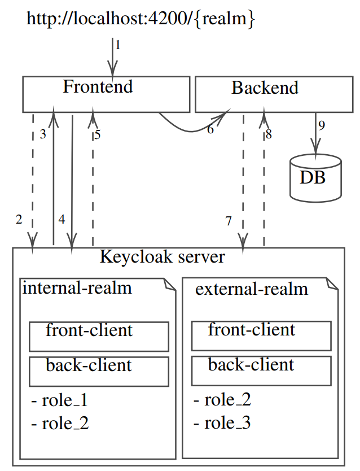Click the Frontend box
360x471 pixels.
coord(106,94)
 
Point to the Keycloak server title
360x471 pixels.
coord(162,257)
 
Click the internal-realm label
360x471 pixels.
coord(77,288)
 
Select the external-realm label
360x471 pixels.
coord(252,290)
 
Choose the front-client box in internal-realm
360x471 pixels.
coord(99,336)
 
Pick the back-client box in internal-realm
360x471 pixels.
coord(99,371)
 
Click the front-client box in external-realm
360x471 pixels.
coord(261,336)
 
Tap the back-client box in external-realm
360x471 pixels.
coord(261,371)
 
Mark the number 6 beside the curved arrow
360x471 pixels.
coord(210,130)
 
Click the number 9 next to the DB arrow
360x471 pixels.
coord(322,126)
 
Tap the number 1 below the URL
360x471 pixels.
coord(118,44)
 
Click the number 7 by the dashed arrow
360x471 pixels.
coord(229,221)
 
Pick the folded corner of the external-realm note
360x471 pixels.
coord(333,283)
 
